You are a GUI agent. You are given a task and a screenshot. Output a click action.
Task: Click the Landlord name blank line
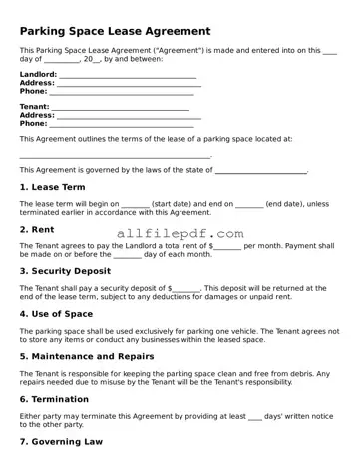click(x=128, y=75)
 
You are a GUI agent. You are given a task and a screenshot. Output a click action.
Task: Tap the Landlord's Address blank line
click(x=128, y=83)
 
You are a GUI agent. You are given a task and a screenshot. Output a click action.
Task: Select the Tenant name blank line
click(x=121, y=108)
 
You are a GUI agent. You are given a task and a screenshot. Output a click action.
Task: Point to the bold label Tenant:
click(x=34, y=107)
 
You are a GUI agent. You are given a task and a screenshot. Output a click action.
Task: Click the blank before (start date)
click(x=135, y=204)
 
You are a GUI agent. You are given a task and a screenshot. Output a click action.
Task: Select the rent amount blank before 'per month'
click(x=228, y=245)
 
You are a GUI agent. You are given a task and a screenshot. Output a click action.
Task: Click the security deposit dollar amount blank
click(x=186, y=288)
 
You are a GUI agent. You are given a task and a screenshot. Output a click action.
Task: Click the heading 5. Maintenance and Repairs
click(x=87, y=356)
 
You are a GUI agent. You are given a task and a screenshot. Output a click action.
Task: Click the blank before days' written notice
click(x=254, y=415)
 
